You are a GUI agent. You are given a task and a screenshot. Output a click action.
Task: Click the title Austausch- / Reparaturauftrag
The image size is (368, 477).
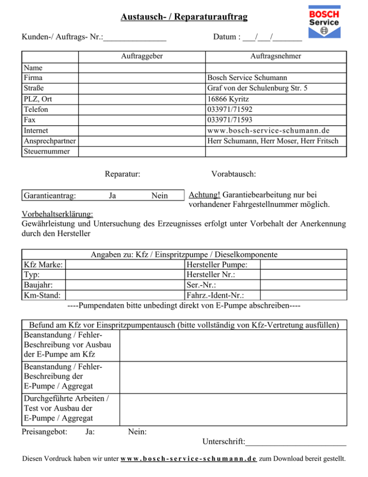(184, 18)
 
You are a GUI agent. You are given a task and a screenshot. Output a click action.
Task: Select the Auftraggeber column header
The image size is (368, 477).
(141, 56)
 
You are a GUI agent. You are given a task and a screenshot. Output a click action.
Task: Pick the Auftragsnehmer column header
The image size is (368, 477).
(276, 56)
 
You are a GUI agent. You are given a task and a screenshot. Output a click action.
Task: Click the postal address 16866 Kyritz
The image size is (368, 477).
(228, 99)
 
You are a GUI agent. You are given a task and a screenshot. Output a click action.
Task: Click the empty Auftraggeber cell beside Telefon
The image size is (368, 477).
(142, 109)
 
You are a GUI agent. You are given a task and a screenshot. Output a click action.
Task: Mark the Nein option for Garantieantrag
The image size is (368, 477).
(159, 195)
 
